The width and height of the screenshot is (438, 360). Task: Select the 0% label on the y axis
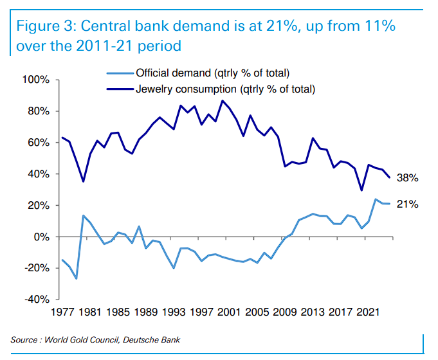[x=41, y=237]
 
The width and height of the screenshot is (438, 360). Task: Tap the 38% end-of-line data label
[x=408, y=177]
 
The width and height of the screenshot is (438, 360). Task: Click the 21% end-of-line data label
[x=408, y=204]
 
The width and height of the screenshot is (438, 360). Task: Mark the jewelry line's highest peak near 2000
[x=223, y=100]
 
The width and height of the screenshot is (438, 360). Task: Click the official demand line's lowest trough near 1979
[x=77, y=278]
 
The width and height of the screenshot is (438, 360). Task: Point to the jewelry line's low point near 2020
[x=361, y=190]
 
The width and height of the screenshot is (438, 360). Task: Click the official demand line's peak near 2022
[x=376, y=199]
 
